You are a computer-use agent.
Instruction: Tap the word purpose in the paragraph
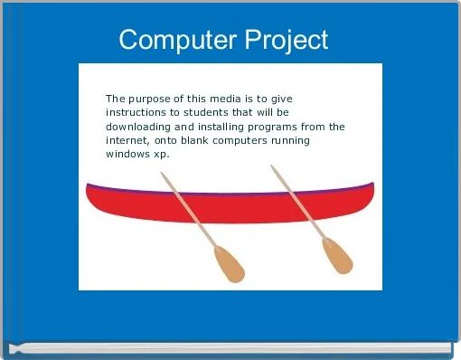153,99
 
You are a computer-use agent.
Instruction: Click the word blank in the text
194,140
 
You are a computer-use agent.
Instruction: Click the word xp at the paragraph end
162,154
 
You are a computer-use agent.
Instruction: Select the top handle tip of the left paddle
164,175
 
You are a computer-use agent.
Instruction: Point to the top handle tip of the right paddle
273,167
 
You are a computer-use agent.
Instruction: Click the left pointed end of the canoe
88,186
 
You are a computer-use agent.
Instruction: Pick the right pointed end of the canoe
372,185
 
